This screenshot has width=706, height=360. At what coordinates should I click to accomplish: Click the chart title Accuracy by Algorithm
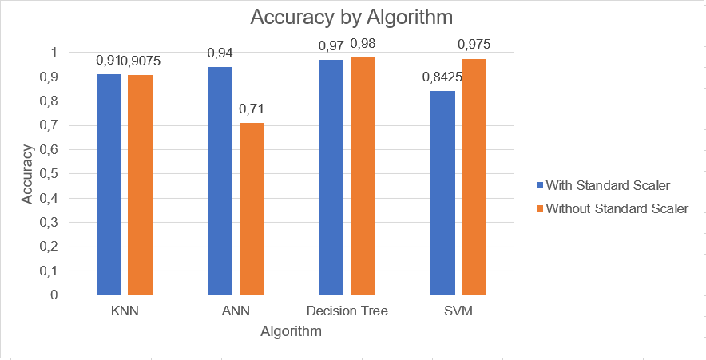click(345, 18)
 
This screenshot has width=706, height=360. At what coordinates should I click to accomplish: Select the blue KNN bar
click(109, 184)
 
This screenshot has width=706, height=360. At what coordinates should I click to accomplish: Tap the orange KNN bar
click(141, 185)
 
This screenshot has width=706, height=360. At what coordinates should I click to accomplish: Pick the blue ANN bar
click(220, 181)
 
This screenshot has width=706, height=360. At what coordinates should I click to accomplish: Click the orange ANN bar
click(252, 209)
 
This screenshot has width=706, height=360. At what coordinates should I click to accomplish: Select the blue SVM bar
click(442, 193)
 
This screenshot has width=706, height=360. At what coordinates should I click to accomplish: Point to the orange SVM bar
click(474, 177)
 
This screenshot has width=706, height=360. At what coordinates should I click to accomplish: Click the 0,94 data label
click(220, 53)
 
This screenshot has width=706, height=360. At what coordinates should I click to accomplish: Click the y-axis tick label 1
click(54, 53)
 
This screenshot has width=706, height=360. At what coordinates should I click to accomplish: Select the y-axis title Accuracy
click(27, 173)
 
